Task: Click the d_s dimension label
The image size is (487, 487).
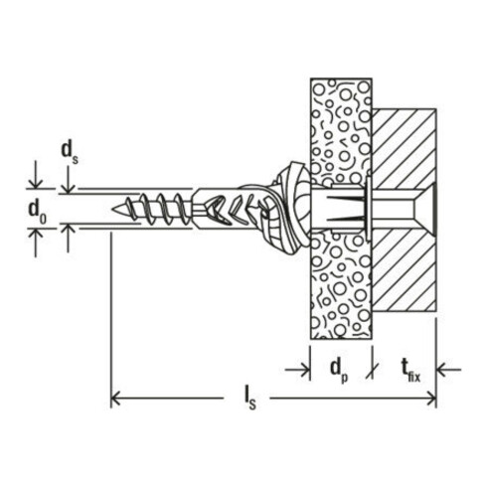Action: tap(70, 152)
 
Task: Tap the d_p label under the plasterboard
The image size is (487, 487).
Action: tap(339, 371)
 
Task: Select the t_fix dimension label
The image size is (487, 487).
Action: tap(410, 371)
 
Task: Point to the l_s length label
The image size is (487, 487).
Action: tap(249, 399)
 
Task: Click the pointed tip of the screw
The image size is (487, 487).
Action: tap(113, 209)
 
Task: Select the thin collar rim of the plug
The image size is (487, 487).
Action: tap(368, 209)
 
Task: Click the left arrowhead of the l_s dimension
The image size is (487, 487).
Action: tap(115, 399)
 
